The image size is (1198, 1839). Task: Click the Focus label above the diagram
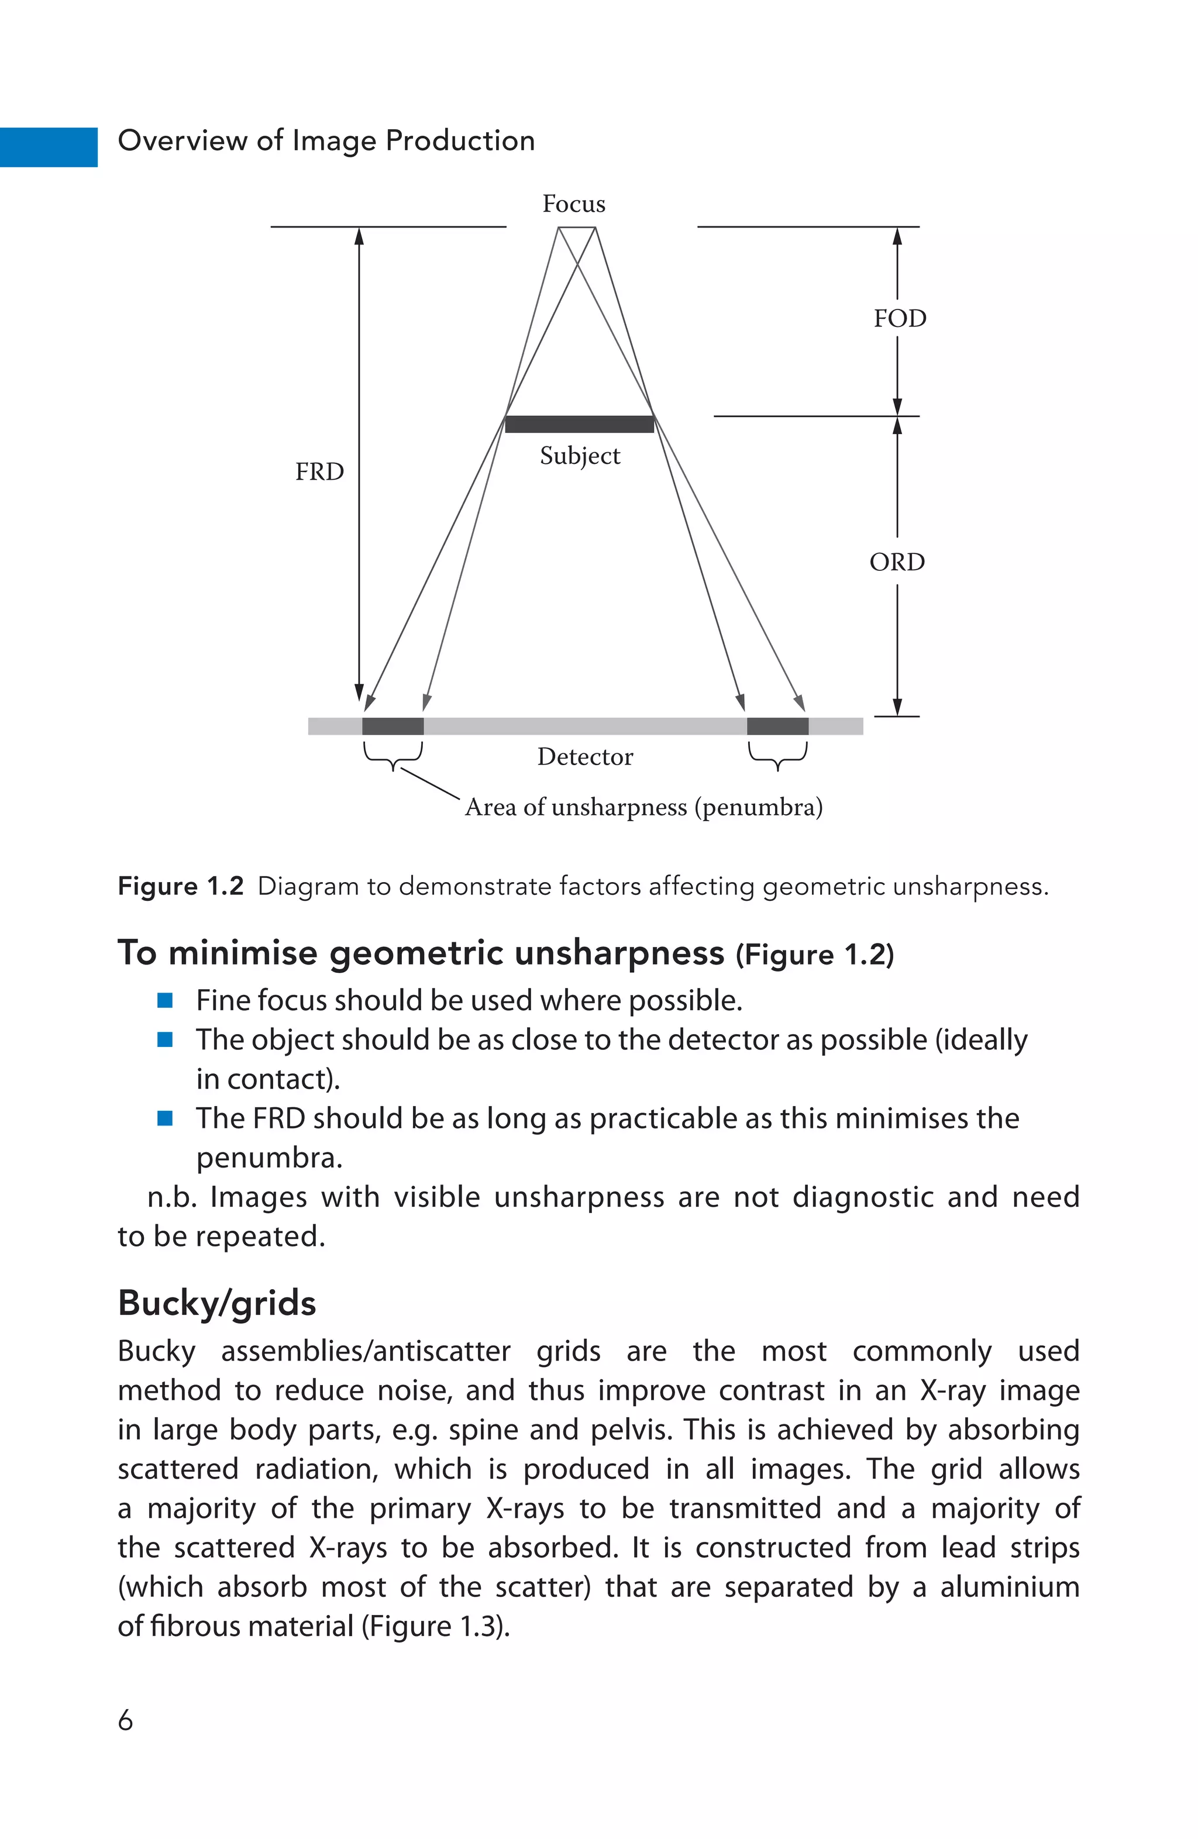click(x=573, y=204)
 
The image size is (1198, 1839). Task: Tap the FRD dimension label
click(x=319, y=471)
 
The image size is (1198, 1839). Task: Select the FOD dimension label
click(x=900, y=318)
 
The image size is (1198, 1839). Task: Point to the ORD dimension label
click(x=897, y=562)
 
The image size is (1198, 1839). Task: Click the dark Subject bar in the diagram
click(x=579, y=423)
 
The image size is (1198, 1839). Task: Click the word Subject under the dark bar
click(x=580, y=456)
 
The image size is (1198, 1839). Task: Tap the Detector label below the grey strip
click(x=585, y=756)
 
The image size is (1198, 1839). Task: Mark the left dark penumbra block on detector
click(x=393, y=725)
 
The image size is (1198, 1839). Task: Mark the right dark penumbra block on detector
click(x=777, y=725)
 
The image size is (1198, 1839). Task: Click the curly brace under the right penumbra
click(x=777, y=756)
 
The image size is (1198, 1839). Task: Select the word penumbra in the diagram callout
click(x=758, y=807)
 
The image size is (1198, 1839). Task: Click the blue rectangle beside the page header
click(x=48, y=147)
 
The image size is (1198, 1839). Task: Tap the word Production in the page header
click(x=460, y=140)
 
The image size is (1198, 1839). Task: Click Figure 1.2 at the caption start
click(x=180, y=886)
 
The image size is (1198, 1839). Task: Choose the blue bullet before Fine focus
click(x=164, y=1000)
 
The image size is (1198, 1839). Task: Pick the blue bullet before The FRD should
click(x=164, y=1117)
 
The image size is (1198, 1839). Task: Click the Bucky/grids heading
click(x=216, y=1303)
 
